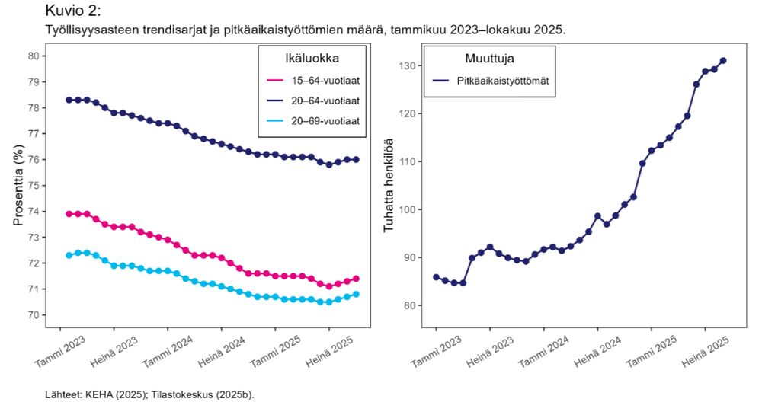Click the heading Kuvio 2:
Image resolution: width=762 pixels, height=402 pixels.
[x=73, y=11]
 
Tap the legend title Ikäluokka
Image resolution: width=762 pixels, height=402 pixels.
[x=312, y=57]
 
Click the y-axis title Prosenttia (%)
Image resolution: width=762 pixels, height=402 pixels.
[x=18, y=186]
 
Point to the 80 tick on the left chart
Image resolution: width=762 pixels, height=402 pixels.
[x=33, y=56]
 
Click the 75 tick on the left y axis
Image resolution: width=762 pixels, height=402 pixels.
[x=33, y=186]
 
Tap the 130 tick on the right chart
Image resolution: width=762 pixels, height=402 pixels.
[x=410, y=66]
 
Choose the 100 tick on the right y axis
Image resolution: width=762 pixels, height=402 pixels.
[x=410, y=210]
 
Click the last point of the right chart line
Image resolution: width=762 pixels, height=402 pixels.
[x=723, y=61]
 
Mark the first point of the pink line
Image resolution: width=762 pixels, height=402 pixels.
[x=69, y=214]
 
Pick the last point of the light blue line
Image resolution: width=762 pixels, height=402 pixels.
[x=356, y=295]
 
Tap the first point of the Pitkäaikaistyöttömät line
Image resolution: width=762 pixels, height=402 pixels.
[x=436, y=277]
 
